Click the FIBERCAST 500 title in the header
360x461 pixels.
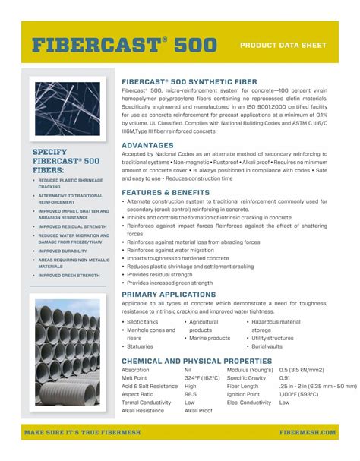coord(124,46)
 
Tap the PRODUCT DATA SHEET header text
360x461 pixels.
coord(283,46)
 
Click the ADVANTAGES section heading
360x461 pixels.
coord(148,145)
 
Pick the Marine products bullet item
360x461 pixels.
coord(209,338)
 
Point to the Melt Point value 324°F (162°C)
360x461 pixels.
coord(202,377)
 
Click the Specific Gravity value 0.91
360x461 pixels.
coord(284,377)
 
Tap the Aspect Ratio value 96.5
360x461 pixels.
coord(191,394)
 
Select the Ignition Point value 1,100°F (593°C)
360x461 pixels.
coord(298,394)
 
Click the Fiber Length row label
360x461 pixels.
coord(244,386)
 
